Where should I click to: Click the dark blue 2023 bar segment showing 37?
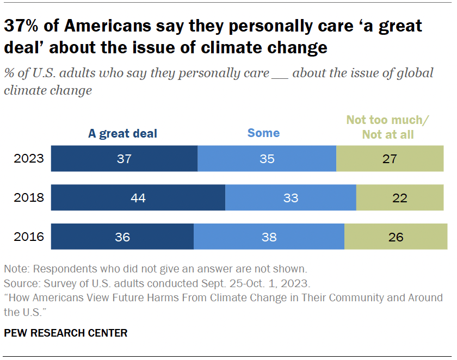pos(124,159)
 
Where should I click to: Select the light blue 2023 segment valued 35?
pos(267,159)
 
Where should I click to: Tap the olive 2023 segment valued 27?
pos(390,159)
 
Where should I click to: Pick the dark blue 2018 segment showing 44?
pos(138,197)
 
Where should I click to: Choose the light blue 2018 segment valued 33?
pos(291,197)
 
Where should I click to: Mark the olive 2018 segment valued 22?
pos(400,197)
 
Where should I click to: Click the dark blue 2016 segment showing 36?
pos(122,237)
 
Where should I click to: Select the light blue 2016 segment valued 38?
pos(269,237)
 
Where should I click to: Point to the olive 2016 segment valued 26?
pos(396,237)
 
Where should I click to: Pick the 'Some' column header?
pos(263,133)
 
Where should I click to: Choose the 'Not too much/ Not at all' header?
pos(388,127)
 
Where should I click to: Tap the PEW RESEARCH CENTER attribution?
pos(65,333)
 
